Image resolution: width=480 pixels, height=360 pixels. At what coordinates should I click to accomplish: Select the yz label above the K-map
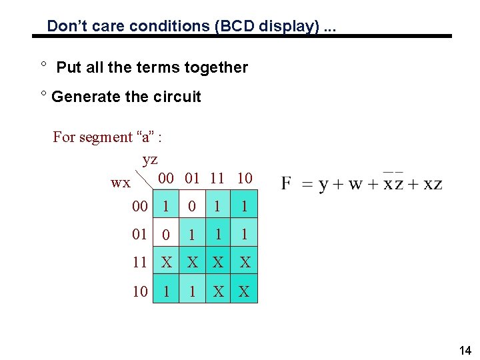150,159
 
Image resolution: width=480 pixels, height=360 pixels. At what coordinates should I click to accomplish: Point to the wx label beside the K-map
121,182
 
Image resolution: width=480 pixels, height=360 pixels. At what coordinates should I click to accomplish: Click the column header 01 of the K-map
193,178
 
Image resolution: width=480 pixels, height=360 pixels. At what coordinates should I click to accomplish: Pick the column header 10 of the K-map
245,178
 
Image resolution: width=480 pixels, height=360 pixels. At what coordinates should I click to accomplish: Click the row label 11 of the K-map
139,262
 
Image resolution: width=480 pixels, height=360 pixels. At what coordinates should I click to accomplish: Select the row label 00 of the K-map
139,206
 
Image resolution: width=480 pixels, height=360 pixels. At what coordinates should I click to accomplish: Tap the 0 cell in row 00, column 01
192,207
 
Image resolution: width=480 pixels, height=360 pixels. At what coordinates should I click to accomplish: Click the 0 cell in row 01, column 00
166,235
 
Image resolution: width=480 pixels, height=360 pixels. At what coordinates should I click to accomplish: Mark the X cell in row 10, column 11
218,291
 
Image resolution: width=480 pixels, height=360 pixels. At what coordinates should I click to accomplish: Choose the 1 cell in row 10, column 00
166,291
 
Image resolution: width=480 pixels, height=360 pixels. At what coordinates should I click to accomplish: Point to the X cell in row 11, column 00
166,263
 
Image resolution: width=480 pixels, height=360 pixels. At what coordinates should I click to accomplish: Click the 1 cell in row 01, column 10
245,235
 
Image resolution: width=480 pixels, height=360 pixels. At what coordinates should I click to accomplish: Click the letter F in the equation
287,183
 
